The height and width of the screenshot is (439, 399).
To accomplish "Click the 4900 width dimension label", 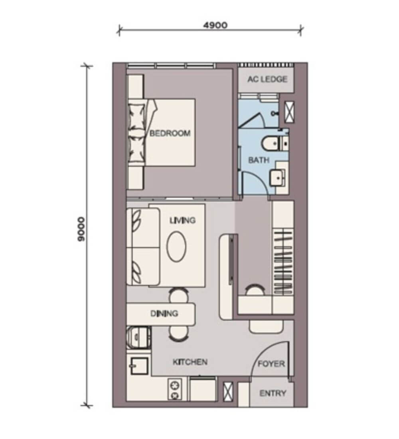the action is pyautogui.click(x=215, y=25).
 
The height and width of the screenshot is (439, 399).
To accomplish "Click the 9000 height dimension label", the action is pyautogui.click(x=81, y=229).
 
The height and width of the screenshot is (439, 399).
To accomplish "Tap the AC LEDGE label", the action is pyautogui.click(x=267, y=79).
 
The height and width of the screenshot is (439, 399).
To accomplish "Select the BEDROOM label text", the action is pyautogui.click(x=170, y=133).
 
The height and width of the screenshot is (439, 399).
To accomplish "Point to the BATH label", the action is pyautogui.click(x=259, y=160).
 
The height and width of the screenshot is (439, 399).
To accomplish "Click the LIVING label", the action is pyautogui.click(x=182, y=220).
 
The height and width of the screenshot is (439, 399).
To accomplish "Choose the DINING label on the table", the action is pyautogui.click(x=164, y=313).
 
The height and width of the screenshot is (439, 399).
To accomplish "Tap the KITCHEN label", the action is pyautogui.click(x=190, y=362).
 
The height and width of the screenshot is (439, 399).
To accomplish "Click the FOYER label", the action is pyautogui.click(x=271, y=364).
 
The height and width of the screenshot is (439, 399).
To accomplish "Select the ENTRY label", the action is pyautogui.click(x=273, y=394).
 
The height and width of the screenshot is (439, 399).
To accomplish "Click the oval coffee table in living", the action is pyautogui.click(x=176, y=247).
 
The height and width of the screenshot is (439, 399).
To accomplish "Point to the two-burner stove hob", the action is pyautogui.click(x=175, y=389).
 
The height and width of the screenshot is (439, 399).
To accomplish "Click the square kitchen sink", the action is pyautogui.click(x=139, y=366).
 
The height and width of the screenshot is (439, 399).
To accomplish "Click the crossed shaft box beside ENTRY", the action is pyautogui.click(x=228, y=392).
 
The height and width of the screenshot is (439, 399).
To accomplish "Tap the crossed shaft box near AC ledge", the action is pyautogui.click(x=289, y=112).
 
